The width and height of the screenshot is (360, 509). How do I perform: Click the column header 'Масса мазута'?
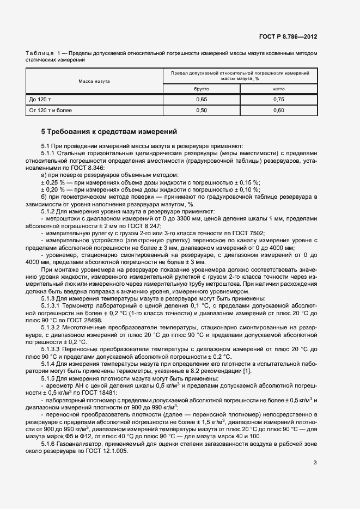pos(94,81)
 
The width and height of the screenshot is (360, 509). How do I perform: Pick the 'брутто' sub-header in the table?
pos(202,88)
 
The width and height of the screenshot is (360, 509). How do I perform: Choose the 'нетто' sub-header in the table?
pos(278,88)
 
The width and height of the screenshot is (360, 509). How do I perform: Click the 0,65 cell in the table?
pos(202,100)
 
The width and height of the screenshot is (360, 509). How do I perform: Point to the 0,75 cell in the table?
pos(278,100)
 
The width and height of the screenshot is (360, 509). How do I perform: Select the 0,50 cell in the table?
pos(202,111)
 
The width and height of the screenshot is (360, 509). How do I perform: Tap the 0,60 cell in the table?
pos(278,111)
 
